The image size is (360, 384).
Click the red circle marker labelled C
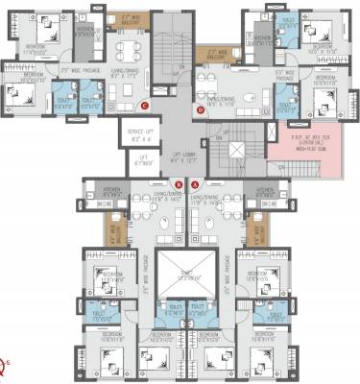[x=145, y=106]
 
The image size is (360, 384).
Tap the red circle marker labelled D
[x=200, y=110]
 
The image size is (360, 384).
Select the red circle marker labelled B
[x=179, y=184]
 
